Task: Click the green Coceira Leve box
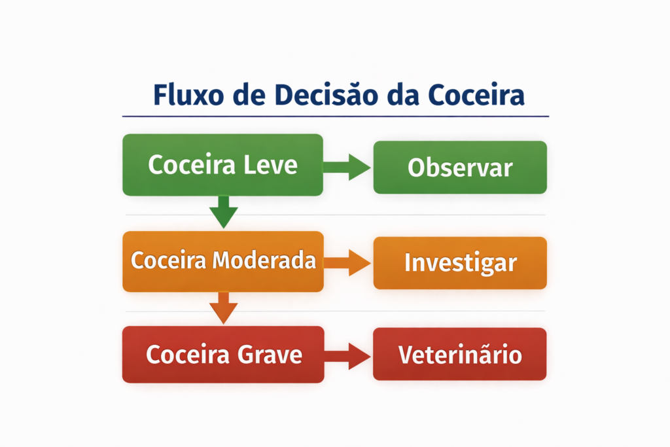(x=222, y=165)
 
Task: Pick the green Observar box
(x=460, y=168)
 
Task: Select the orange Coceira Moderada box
(x=222, y=261)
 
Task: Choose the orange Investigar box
(x=460, y=262)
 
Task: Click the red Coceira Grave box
(x=222, y=355)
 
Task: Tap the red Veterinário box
(x=460, y=354)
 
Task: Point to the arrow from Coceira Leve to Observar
(x=347, y=167)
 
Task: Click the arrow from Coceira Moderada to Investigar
(x=347, y=262)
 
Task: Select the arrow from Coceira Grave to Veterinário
(x=347, y=355)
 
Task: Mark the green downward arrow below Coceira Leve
(x=224, y=211)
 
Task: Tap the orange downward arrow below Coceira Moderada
(x=224, y=307)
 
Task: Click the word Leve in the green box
(x=270, y=164)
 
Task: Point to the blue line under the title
(x=335, y=116)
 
